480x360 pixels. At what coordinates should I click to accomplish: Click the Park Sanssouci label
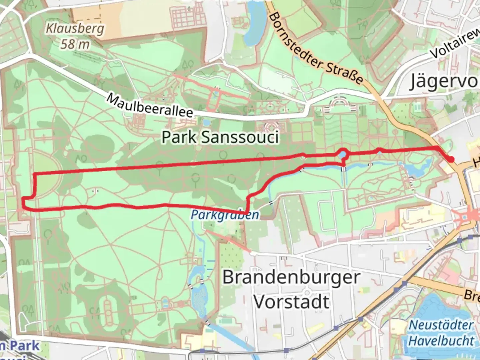[x=220, y=137]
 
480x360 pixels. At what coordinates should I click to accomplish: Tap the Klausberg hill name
[x=75, y=29]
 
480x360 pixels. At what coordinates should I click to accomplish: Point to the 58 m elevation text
[x=75, y=44]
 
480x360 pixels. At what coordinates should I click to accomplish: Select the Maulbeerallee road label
[x=150, y=106]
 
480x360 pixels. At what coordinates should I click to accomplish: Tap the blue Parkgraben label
[x=225, y=215]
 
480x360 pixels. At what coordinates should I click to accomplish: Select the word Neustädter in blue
[x=441, y=325]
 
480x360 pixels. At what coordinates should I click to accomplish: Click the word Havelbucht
[x=441, y=341]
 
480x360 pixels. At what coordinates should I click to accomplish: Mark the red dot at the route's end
[x=451, y=159]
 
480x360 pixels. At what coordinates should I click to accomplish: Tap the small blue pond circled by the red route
[x=343, y=155]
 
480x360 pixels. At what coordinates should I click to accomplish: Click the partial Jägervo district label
[x=443, y=81]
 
